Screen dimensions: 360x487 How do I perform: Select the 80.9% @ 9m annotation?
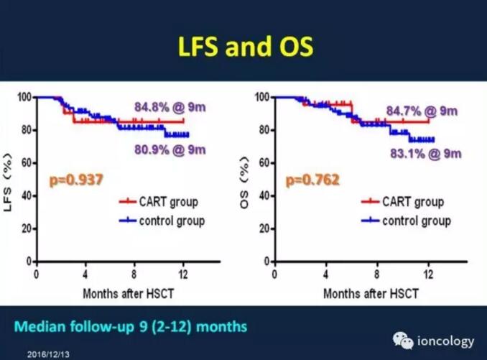coord(170,149)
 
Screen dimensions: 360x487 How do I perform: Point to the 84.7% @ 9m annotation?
coord(422,111)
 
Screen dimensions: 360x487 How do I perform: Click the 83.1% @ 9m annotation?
coord(425,152)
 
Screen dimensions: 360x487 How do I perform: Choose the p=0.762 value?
coord(312,180)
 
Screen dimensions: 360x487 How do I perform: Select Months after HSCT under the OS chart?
coord(370,294)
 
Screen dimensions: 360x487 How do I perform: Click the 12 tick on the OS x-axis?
coord(430,274)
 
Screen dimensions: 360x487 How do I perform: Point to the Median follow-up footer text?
coord(131,327)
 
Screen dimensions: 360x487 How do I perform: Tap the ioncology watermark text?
coord(445,341)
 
